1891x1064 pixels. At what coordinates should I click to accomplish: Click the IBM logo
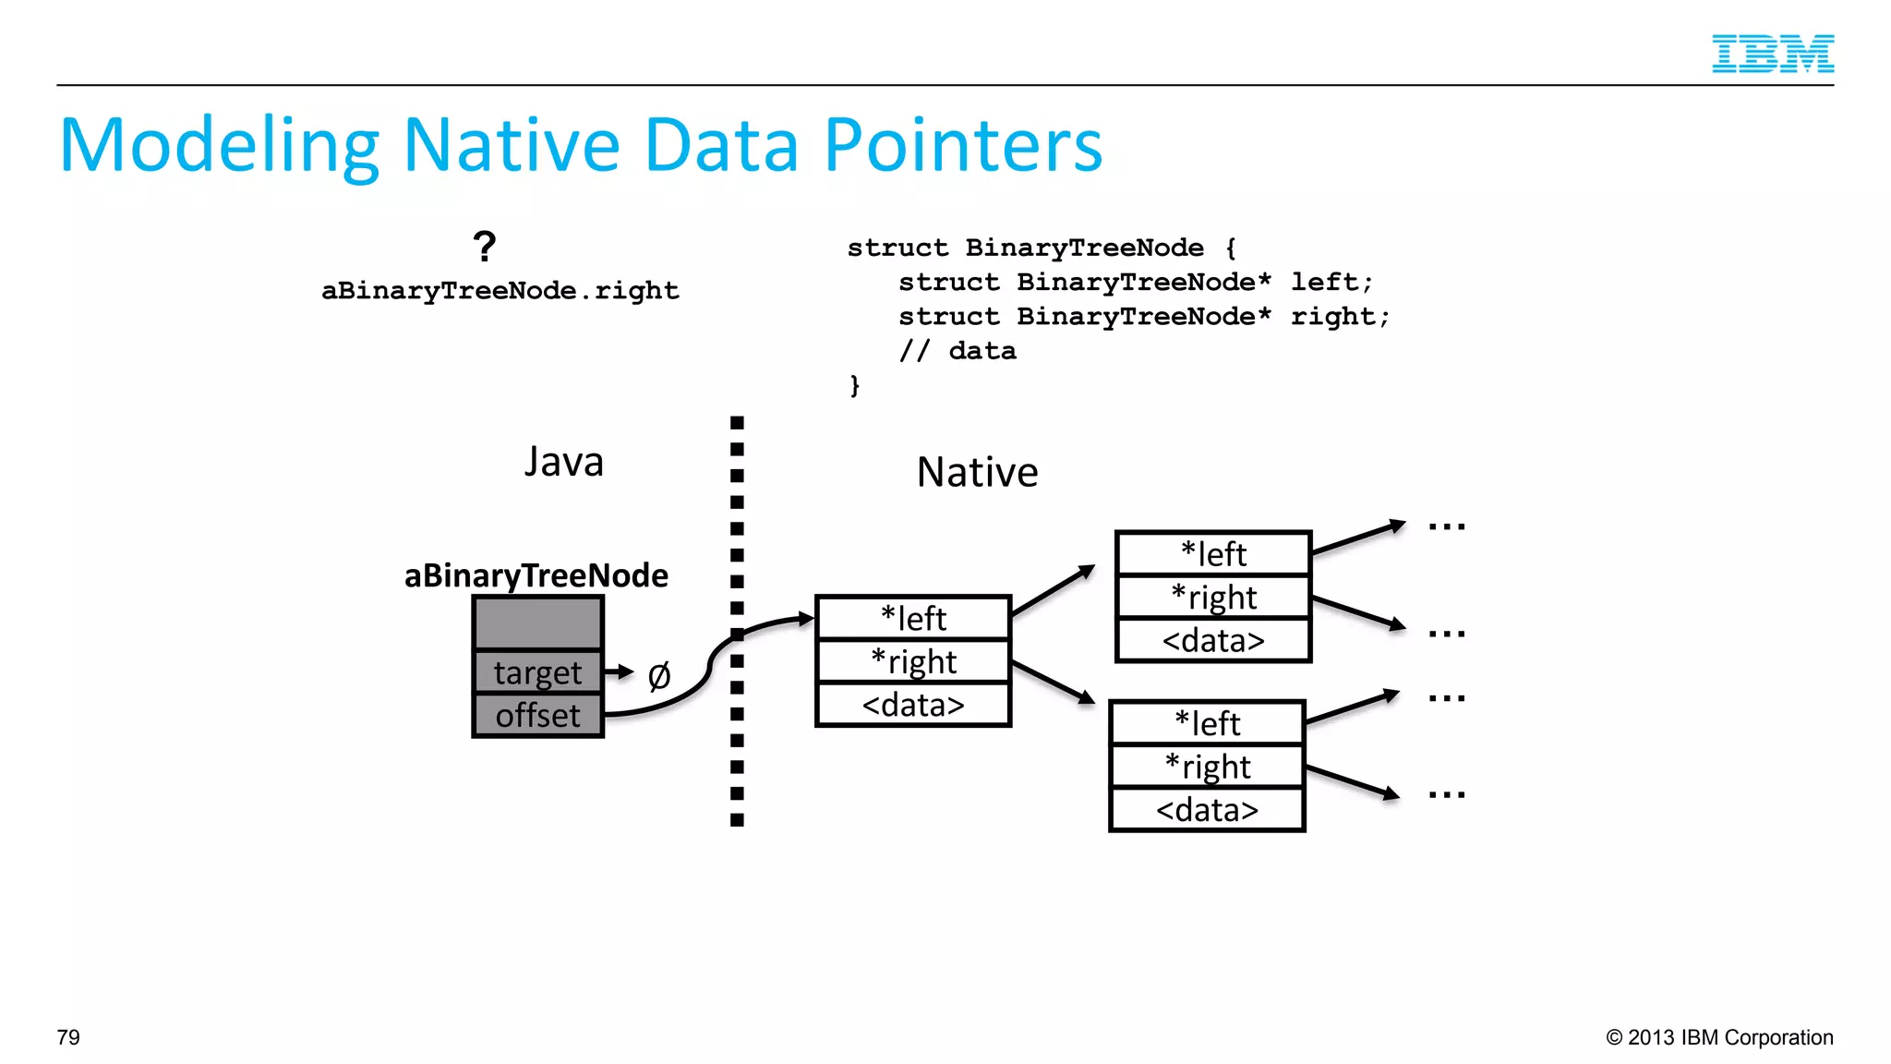pyautogui.click(x=1772, y=54)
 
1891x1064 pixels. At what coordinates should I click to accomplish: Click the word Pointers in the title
pyautogui.click(x=963, y=146)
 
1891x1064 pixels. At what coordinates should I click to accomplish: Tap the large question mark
pyautogui.click(x=484, y=248)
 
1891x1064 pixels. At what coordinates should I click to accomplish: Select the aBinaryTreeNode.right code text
pyautogui.click(x=500, y=291)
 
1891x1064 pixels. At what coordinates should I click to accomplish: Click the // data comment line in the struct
pyautogui.click(x=958, y=351)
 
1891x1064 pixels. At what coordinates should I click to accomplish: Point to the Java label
pyautogui.click(x=563, y=462)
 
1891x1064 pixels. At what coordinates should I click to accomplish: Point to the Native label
pyautogui.click(x=977, y=472)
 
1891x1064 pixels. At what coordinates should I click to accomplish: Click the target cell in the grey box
pyautogui.click(x=537, y=672)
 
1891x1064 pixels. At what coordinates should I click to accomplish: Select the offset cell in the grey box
pyautogui.click(x=537, y=716)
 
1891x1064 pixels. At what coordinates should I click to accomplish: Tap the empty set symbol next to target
pyautogui.click(x=658, y=676)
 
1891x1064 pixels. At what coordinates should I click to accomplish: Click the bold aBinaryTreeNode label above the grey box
pyautogui.click(x=536, y=575)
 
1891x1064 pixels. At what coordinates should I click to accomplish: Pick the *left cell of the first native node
pyautogui.click(x=913, y=618)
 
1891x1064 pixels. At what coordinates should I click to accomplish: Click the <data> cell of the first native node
pyautogui.click(x=913, y=705)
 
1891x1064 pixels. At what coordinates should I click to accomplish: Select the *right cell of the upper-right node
pyautogui.click(x=1213, y=598)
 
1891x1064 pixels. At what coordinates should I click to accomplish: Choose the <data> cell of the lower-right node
pyautogui.click(x=1207, y=810)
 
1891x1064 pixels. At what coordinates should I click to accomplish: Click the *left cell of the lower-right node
pyautogui.click(x=1207, y=723)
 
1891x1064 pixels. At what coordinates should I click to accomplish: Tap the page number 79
pyautogui.click(x=68, y=1037)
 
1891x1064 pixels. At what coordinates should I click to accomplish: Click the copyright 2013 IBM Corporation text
pyautogui.click(x=1719, y=1037)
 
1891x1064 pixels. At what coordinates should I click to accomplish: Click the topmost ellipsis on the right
pyautogui.click(x=1446, y=527)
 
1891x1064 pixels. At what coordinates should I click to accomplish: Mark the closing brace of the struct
pyautogui.click(x=855, y=385)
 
